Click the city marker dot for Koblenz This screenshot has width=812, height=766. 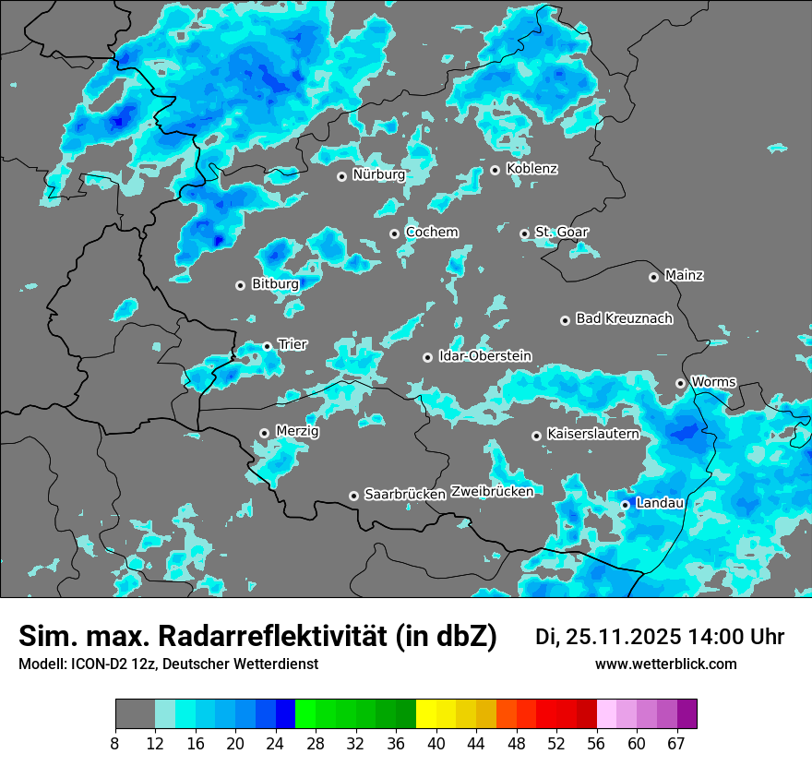click(495, 170)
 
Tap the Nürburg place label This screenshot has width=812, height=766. click(378, 174)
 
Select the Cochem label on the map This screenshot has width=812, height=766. click(432, 232)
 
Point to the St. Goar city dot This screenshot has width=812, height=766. click(524, 233)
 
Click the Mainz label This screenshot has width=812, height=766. click(684, 275)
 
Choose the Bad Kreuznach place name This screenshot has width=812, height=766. click(624, 318)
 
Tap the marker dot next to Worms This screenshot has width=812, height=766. click(680, 383)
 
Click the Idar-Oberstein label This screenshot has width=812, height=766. click(484, 355)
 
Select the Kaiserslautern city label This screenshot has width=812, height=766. click(592, 434)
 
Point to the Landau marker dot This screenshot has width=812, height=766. click(625, 505)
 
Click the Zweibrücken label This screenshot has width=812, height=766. click(492, 492)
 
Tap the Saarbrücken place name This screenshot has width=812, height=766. click(405, 495)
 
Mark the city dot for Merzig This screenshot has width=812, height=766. click(264, 433)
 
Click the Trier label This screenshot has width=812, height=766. click(293, 344)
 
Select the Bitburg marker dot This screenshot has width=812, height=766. click(240, 285)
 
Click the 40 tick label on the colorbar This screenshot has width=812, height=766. click(436, 743)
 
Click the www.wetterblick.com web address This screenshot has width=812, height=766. click(665, 664)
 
